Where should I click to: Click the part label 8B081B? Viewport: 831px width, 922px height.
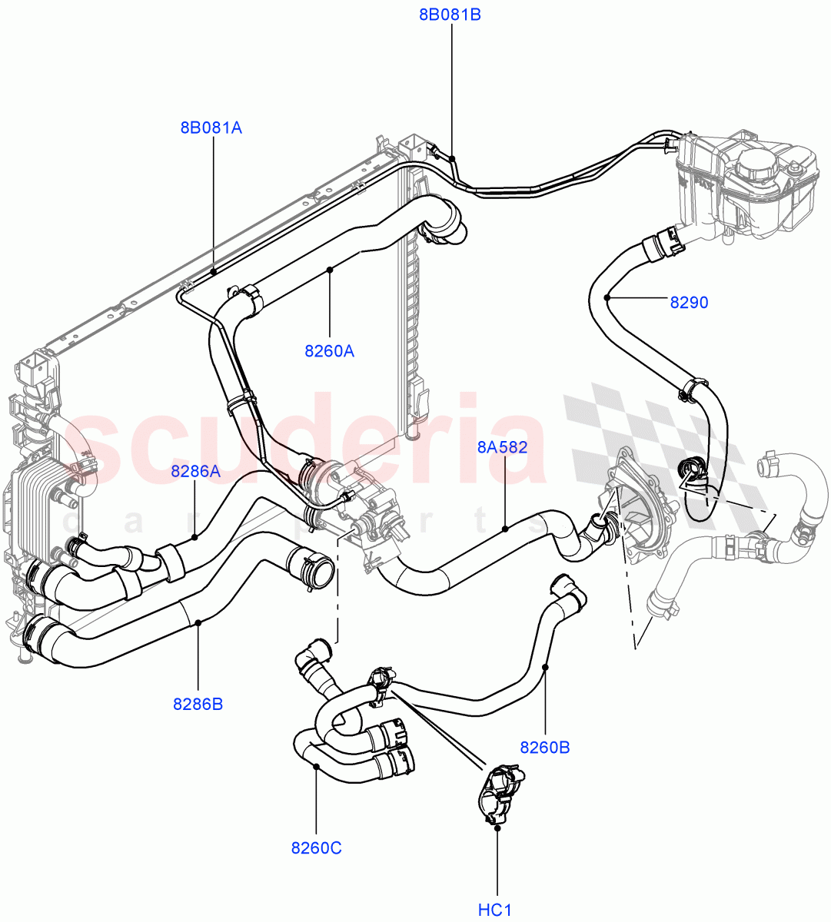coord(450,15)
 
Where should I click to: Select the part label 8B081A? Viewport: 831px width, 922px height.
coord(211,128)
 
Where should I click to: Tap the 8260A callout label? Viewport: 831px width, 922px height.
coord(329,351)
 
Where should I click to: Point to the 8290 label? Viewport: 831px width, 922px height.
coord(688,303)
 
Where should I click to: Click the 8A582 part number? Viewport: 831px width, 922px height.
coord(502,446)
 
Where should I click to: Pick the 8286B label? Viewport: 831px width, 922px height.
coord(198,703)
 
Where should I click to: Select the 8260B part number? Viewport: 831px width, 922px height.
coord(545,747)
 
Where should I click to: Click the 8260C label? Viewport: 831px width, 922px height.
coord(316,848)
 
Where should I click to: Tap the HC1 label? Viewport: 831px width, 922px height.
coord(495,910)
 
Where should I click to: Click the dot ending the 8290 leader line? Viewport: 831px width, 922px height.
coord(607,297)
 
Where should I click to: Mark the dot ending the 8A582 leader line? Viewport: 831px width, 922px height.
coord(505,528)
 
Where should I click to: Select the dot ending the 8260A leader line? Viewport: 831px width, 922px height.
coord(330,270)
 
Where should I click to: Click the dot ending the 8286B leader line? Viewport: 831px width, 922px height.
coord(198,622)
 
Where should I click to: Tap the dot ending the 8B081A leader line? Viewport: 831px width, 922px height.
coord(212,271)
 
